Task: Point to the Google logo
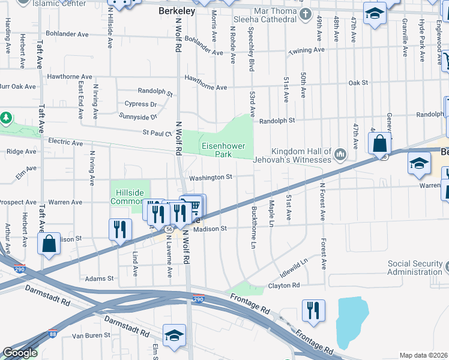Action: [20, 353]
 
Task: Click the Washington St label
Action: [211, 178]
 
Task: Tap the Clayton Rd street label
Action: [283, 286]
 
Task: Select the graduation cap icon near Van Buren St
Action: [174, 335]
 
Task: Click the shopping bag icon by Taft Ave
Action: [49, 244]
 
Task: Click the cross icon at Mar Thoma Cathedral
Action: [305, 14]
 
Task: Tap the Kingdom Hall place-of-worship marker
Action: [340, 155]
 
